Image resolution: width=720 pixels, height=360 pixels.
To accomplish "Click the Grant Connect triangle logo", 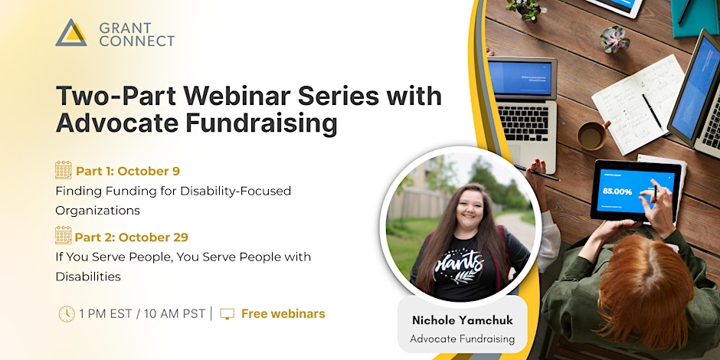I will tap(71, 32).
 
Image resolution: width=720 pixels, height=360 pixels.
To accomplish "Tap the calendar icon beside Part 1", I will tap(64, 170).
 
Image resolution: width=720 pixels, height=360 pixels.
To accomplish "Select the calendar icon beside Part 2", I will tap(64, 236).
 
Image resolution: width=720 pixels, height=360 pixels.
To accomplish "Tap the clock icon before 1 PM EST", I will tap(67, 313).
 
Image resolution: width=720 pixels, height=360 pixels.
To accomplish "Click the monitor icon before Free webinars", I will tap(227, 313).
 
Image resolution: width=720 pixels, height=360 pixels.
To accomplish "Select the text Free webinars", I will tap(283, 313).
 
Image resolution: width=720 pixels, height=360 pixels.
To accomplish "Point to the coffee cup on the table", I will tap(591, 135).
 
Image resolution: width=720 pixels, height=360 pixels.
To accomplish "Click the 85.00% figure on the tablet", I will tap(617, 191).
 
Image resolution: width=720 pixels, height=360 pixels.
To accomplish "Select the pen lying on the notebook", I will tap(652, 111).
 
